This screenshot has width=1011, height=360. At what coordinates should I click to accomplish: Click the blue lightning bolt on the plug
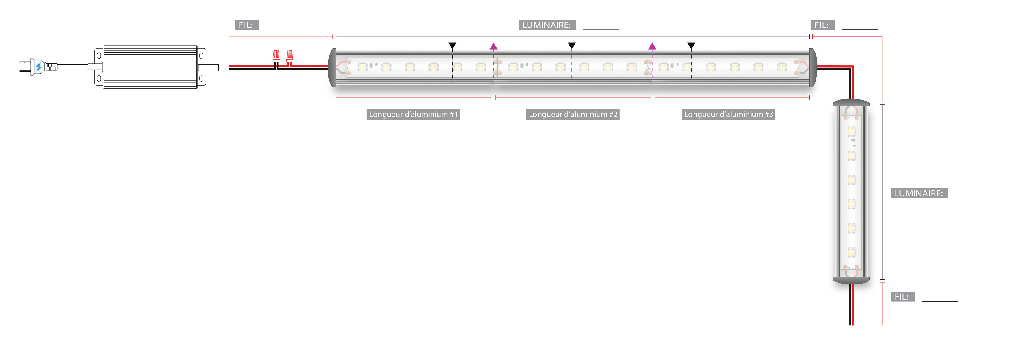(38, 67)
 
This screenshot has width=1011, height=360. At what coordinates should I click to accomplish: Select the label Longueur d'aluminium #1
(413, 114)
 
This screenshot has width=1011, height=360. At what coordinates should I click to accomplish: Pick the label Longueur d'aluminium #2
(573, 114)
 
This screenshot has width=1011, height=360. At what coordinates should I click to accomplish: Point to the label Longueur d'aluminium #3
(728, 114)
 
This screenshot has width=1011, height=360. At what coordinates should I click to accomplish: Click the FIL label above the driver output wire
(246, 25)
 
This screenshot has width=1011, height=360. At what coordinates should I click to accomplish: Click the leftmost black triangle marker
(453, 46)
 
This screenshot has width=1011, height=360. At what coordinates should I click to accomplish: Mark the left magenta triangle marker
(494, 46)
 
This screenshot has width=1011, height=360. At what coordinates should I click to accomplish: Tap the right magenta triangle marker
(652, 46)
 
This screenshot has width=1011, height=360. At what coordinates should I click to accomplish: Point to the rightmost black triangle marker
(691, 46)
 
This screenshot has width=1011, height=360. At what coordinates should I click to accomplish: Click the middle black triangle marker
(572, 46)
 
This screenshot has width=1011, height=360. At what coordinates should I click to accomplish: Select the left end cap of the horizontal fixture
(332, 68)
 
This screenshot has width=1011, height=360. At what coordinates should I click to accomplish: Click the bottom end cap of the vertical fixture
(851, 280)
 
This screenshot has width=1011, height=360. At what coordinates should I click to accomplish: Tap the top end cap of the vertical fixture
(851, 103)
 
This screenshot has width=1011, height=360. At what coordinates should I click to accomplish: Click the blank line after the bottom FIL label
(940, 300)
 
